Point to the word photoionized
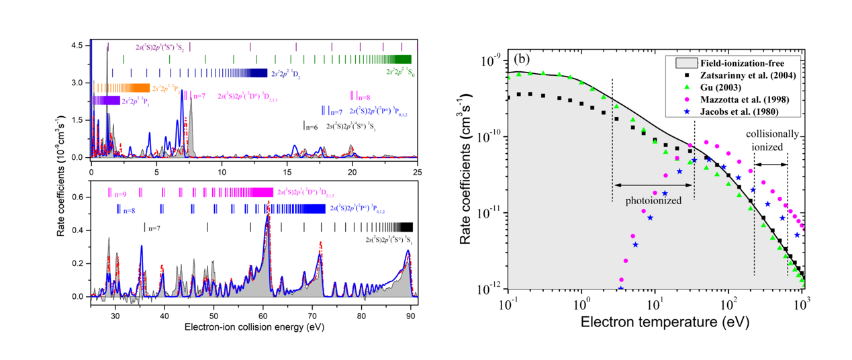[653, 200]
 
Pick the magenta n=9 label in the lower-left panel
[121, 193]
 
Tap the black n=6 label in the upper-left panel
[309, 126]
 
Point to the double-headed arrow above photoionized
[653, 185]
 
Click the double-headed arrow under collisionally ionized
[770, 164]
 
